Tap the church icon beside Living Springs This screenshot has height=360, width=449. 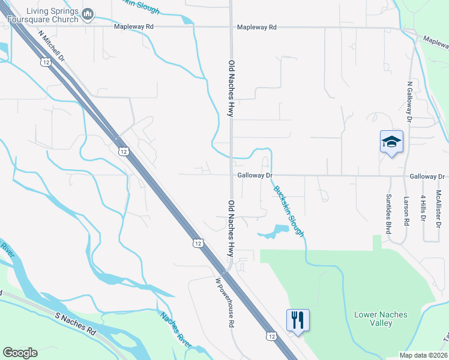pyautogui.click(x=88, y=13)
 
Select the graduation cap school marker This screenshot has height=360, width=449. pyautogui.click(x=391, y=142)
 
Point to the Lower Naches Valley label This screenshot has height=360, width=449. pyautogui.click(x=381, y=319)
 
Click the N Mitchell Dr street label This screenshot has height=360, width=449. pyautogui.click(x=51, y=46)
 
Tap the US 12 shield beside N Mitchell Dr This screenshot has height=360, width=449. pyautogui.click(x=46, y=62)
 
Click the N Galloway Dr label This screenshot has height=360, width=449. pyautogui.click(x=409, y=102)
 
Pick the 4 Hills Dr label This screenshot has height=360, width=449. pyautogui.click(x=423, y=208)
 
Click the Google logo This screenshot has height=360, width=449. pyautogui.click(x=20, y=353)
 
